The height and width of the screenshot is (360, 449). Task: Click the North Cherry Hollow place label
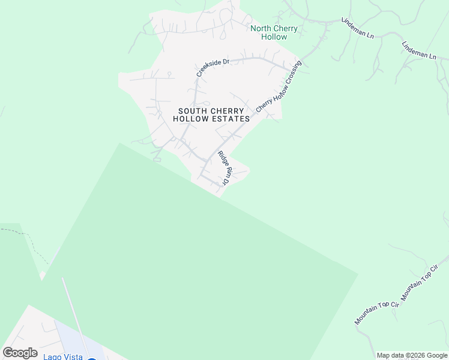click(269, 32)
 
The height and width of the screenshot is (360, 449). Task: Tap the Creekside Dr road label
click(213, 67)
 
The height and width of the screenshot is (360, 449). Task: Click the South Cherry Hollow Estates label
click(211, 115)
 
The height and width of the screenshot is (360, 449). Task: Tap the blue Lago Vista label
click(62, 356)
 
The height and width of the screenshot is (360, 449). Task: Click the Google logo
click(20, 353)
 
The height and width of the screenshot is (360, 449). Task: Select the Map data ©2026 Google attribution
click(412, 355)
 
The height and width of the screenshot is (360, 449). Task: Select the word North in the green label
click(261, 28)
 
